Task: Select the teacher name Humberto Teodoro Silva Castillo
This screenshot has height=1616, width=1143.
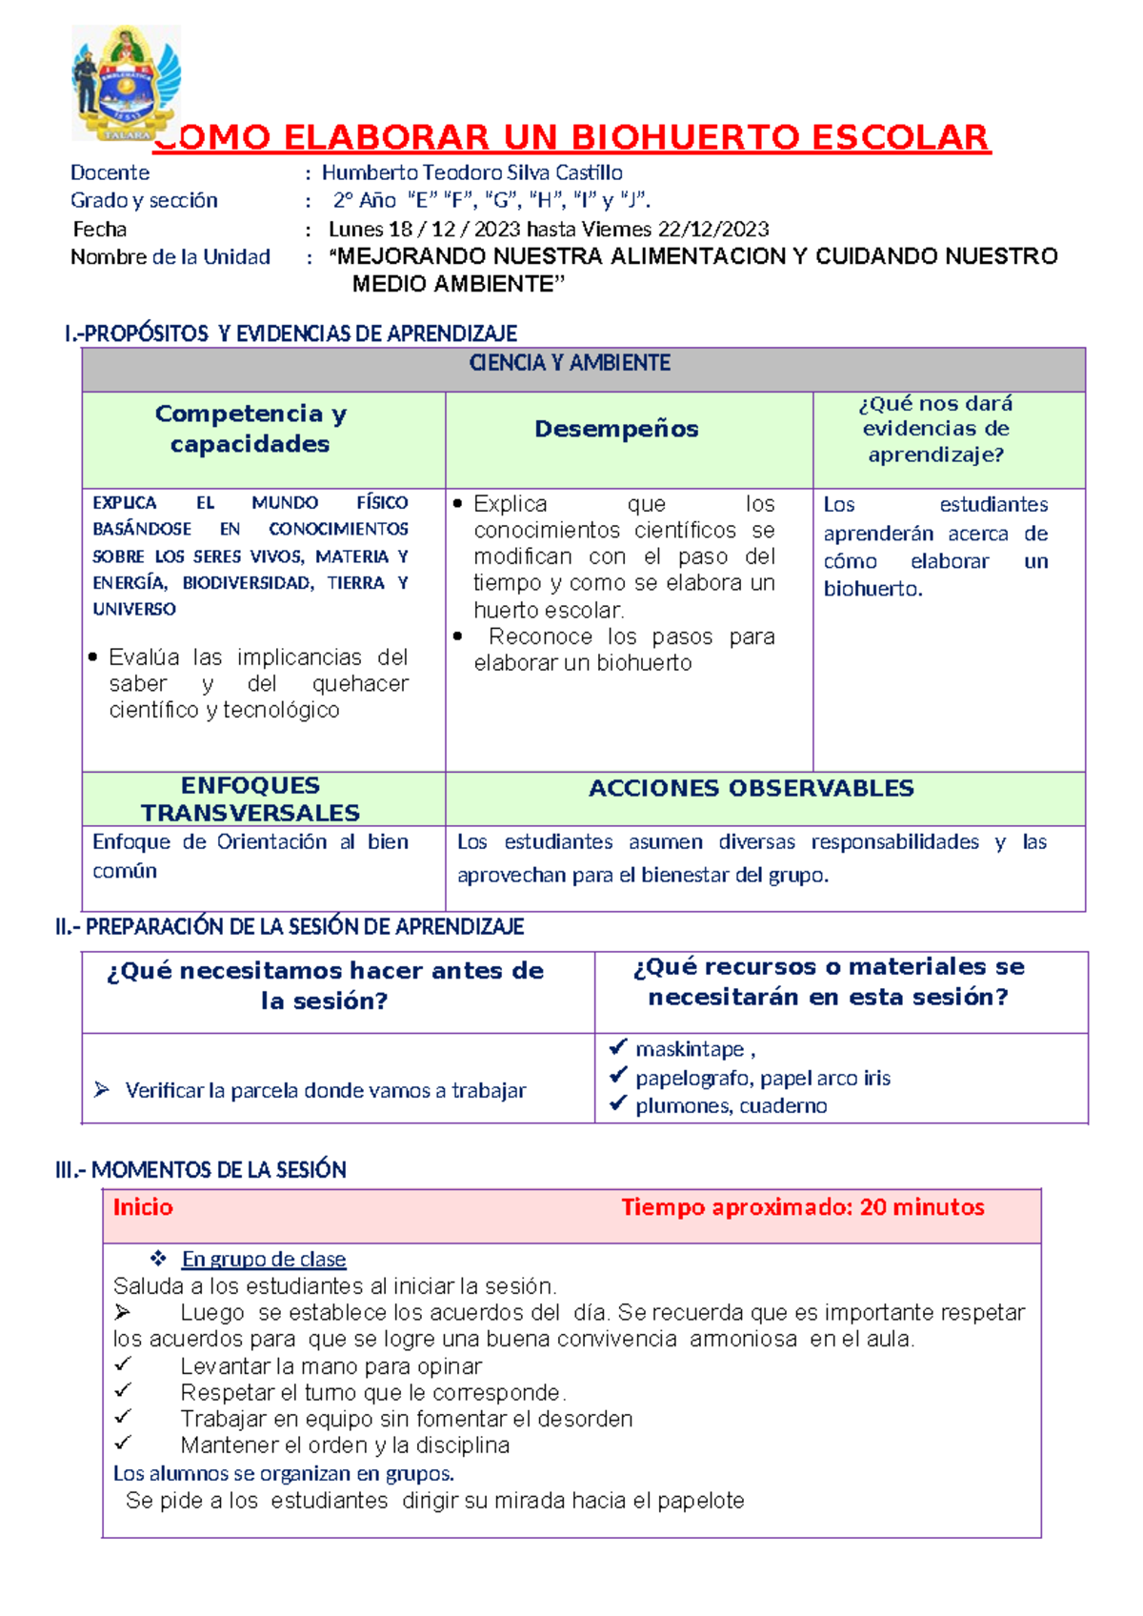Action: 471,172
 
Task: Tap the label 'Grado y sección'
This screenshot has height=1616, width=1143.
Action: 144,200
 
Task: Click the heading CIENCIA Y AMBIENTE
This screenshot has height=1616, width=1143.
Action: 570,363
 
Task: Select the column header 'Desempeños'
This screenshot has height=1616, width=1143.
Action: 616,429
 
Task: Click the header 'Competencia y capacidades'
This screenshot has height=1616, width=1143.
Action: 251,429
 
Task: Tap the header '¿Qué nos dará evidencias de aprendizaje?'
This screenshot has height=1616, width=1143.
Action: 935,429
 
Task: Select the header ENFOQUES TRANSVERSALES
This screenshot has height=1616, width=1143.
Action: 251,798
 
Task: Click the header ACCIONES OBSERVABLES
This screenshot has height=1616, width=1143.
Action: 751,788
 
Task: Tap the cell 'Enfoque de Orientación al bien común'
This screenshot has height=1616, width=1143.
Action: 250,856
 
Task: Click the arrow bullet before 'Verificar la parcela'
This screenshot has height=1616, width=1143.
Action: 102,1089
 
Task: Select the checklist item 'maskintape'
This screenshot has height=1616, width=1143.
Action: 690,1049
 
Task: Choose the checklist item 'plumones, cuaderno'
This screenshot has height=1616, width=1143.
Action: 731,1105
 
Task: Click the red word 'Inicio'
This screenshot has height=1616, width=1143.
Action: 143,1207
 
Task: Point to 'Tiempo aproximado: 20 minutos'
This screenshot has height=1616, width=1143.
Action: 802,1207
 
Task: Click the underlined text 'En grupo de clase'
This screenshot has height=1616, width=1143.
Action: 264,1259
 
